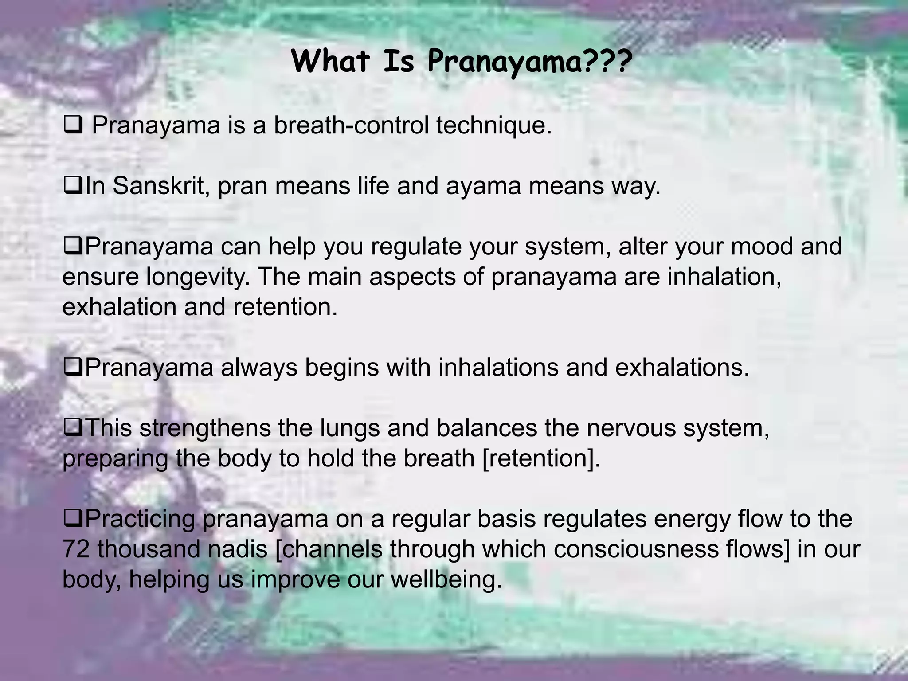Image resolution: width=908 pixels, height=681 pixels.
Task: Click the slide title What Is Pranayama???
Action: pyautogui.click(x=461, y=62)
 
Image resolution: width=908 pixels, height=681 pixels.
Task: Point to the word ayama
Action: pyautogui.click(x=483, y=186)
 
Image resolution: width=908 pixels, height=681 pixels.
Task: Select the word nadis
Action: pyautogui.click(x=238, y=549)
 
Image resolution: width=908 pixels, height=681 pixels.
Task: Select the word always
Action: pyautogui.click(x=259, y=368)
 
